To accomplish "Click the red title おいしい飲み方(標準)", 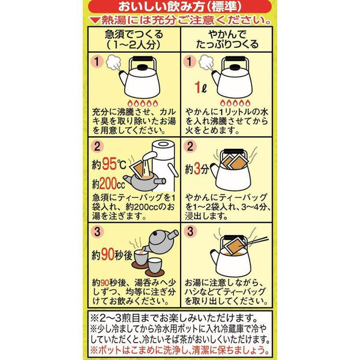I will click(x=179, y=7).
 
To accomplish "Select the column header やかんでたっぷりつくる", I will click(x=225, y=40).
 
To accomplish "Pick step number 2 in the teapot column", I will click(x=95, y=146).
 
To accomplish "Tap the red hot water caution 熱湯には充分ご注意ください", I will click(x=179, y=22).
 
